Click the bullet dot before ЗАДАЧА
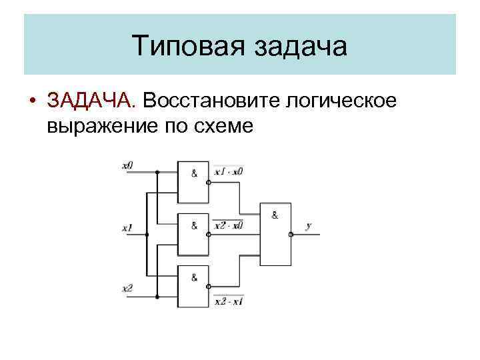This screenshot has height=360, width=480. point(33,101)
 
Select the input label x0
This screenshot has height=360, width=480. point(127,165)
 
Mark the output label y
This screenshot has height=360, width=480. point(308,227)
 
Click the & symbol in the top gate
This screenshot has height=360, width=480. point(194,173)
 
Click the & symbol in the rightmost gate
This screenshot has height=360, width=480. point(275,215)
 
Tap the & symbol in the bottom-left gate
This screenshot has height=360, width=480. point(194,278)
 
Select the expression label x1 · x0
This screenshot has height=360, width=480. point(229,172)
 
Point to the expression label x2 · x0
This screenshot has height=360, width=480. point(229,225)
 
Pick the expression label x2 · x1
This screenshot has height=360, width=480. point(229,301)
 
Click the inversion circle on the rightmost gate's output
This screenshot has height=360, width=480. point(291,235)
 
